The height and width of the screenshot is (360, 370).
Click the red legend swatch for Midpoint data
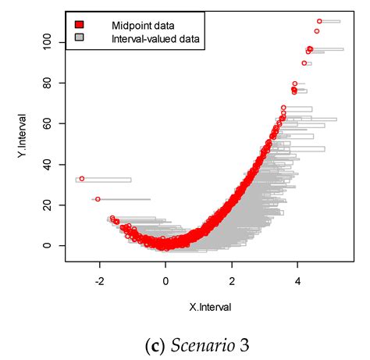click(x=79, y=24)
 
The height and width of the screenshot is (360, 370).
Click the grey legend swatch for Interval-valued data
click(x=79, y=37)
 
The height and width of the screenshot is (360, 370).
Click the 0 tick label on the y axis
click(x=49, y=245)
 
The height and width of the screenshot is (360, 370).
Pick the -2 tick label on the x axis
click(x=98, y=277)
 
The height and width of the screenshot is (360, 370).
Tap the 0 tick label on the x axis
click(x=165, y=277)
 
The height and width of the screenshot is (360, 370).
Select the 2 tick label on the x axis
click(x=232, y=277)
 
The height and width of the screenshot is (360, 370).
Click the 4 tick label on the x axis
click(x=298, y=277)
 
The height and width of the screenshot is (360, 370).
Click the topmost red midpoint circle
click(x=319, y=21)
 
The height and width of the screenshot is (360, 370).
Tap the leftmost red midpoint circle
click(x=81, y=179)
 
